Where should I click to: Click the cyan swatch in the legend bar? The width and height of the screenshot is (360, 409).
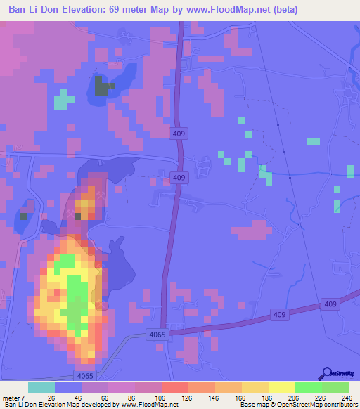41,387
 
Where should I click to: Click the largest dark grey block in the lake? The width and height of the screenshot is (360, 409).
103,89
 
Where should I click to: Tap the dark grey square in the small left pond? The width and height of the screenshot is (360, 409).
22,216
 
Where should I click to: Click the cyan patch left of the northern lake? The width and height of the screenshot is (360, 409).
63,99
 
